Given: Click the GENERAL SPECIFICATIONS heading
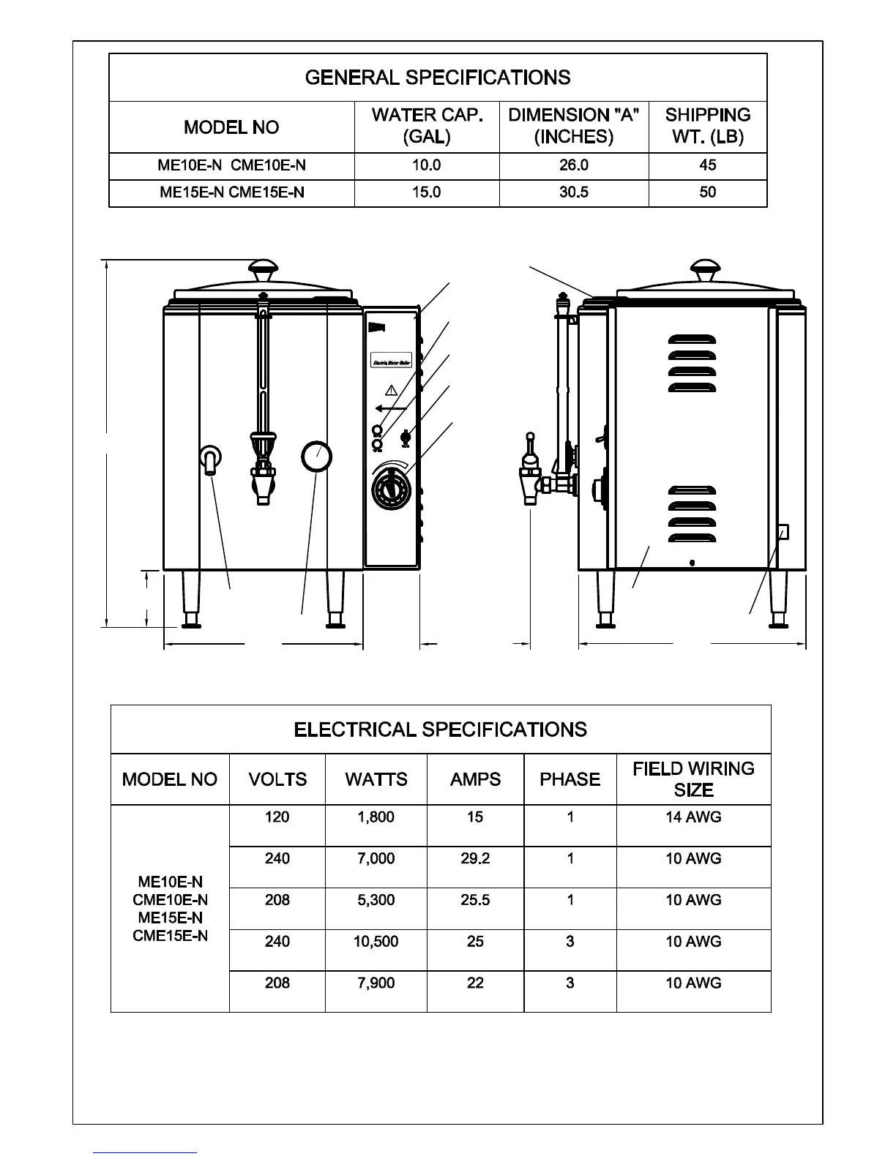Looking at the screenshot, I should click(438, 78).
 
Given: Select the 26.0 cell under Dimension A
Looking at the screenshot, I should click(574, 165).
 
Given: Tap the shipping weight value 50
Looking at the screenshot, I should click(707, 192).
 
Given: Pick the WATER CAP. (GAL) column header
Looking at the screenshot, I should click(427, 126).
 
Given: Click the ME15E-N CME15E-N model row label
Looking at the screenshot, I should click(231, 192).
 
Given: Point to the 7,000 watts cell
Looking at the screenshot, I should click(376, 858).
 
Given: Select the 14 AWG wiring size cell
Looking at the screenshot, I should click(693, 817).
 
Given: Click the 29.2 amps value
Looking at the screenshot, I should click(475, 858).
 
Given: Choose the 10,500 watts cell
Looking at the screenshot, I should click(376, 942).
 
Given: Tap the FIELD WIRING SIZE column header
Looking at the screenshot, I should click(693, 779).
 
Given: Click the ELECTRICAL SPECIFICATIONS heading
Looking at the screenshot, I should click(440, 729).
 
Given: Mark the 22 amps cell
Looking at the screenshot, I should click(475, 983).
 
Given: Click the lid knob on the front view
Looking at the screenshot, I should click(264, 269).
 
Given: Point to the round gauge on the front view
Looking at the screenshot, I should click(316, 457).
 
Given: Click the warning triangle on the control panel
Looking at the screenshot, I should click(391, 389).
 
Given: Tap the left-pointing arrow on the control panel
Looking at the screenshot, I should click(390, 408).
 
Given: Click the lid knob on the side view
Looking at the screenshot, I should click(706, 269).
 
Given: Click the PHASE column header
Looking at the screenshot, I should click(570, 779).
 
